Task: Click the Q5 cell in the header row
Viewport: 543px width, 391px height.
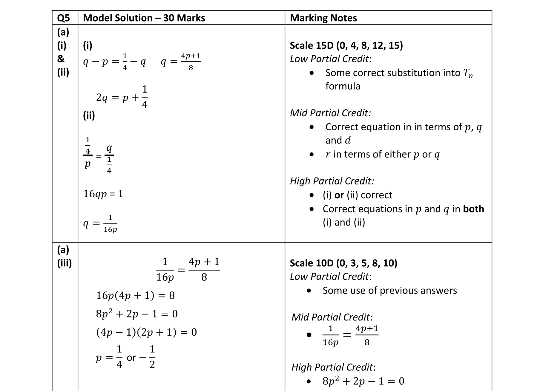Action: (x=63, y=18)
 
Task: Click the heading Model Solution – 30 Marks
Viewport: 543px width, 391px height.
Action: (x=144, y=18)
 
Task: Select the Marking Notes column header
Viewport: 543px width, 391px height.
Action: (x=323, y=18)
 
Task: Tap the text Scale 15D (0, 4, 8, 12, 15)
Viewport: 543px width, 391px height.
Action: (x=346, y=45)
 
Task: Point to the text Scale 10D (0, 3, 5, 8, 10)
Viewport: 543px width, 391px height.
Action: (x=343, y=263)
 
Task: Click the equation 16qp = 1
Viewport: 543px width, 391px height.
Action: (x=103, y=194)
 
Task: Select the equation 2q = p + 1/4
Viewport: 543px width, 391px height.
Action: (x=122, y=97)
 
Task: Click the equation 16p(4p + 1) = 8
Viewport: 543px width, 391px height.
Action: (x=135, y=295)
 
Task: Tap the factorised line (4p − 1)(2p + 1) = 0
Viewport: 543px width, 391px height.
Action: (x=146, y=332)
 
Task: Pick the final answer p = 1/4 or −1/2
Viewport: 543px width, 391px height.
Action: (x=125, y=357)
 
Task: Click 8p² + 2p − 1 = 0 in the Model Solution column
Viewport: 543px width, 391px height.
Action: (x=137, y=314)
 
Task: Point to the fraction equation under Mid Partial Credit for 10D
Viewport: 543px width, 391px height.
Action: (x=350, y=335)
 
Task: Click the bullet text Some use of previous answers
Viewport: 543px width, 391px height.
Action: (x=389, y=291)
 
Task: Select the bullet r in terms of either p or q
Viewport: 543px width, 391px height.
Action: (x=382, y=154)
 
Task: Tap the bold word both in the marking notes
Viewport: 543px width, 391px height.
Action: (x=473, y=209)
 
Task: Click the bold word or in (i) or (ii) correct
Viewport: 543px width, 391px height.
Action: (x=339, y=195)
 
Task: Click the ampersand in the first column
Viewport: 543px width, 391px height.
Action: (x=61, y=59)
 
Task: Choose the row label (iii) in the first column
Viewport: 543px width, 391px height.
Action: (x=65, y=263)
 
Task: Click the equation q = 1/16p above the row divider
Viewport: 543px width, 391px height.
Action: (x=100, y=224)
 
